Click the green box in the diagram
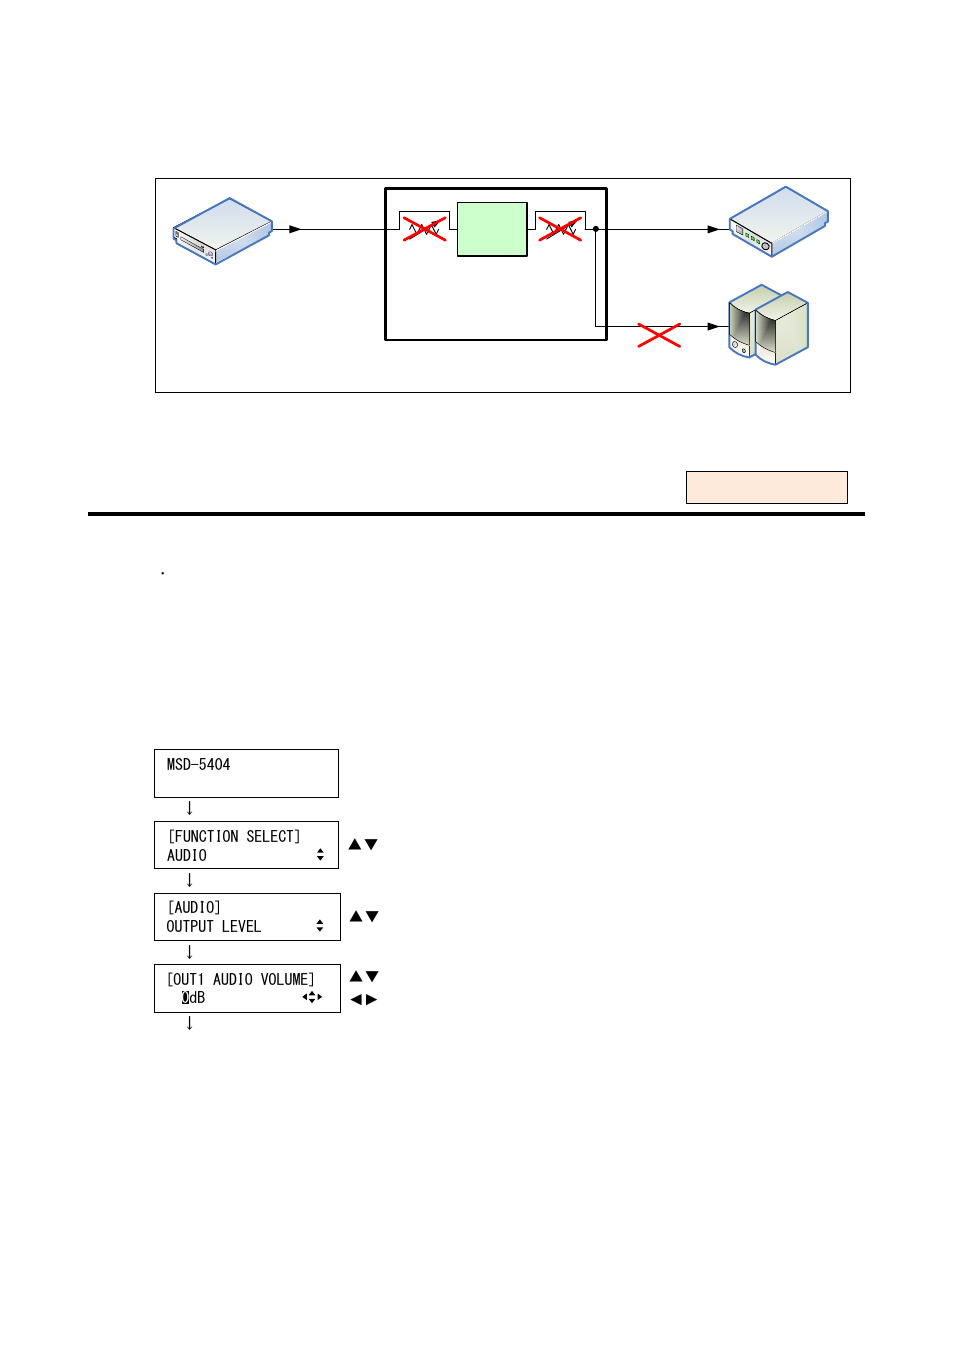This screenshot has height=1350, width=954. (492, 229)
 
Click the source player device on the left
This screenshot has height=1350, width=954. (222, 231)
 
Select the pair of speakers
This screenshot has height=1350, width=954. (768, 325)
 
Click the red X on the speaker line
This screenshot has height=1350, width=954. (659, 335)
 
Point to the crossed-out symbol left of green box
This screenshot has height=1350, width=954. (424, 229)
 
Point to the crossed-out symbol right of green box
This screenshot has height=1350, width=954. (560, 229)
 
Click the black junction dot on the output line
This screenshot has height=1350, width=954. (596, 229)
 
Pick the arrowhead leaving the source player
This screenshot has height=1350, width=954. (295, 229)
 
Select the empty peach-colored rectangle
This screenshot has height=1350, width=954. (766, 487)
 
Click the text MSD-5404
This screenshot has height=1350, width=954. (198, 765)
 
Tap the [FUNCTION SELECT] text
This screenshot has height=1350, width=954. (234, 836)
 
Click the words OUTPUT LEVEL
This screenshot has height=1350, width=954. (213, 927)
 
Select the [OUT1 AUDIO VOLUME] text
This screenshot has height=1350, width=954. (240, 979)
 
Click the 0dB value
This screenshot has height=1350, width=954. (193, 998)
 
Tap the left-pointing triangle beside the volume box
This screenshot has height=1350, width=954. (356, 999)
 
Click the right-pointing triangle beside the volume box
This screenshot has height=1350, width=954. (372, 999)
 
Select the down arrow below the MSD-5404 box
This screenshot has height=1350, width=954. (189, 808)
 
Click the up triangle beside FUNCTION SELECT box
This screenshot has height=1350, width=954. (355, 844)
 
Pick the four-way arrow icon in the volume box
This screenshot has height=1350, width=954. (312, 997)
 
